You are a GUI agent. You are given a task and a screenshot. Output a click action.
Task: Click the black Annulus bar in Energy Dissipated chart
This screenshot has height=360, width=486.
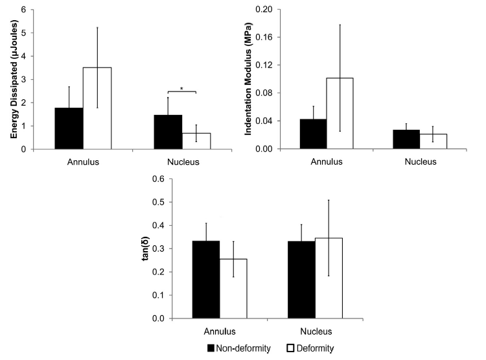[x=69, y=128]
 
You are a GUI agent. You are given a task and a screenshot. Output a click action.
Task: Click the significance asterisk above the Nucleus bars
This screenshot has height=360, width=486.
[x=181, y=86]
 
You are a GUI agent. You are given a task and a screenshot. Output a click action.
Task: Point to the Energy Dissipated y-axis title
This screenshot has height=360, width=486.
[x=14, y=77]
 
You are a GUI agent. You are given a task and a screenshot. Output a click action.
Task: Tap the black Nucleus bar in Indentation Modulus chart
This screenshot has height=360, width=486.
[x=406, y=139]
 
